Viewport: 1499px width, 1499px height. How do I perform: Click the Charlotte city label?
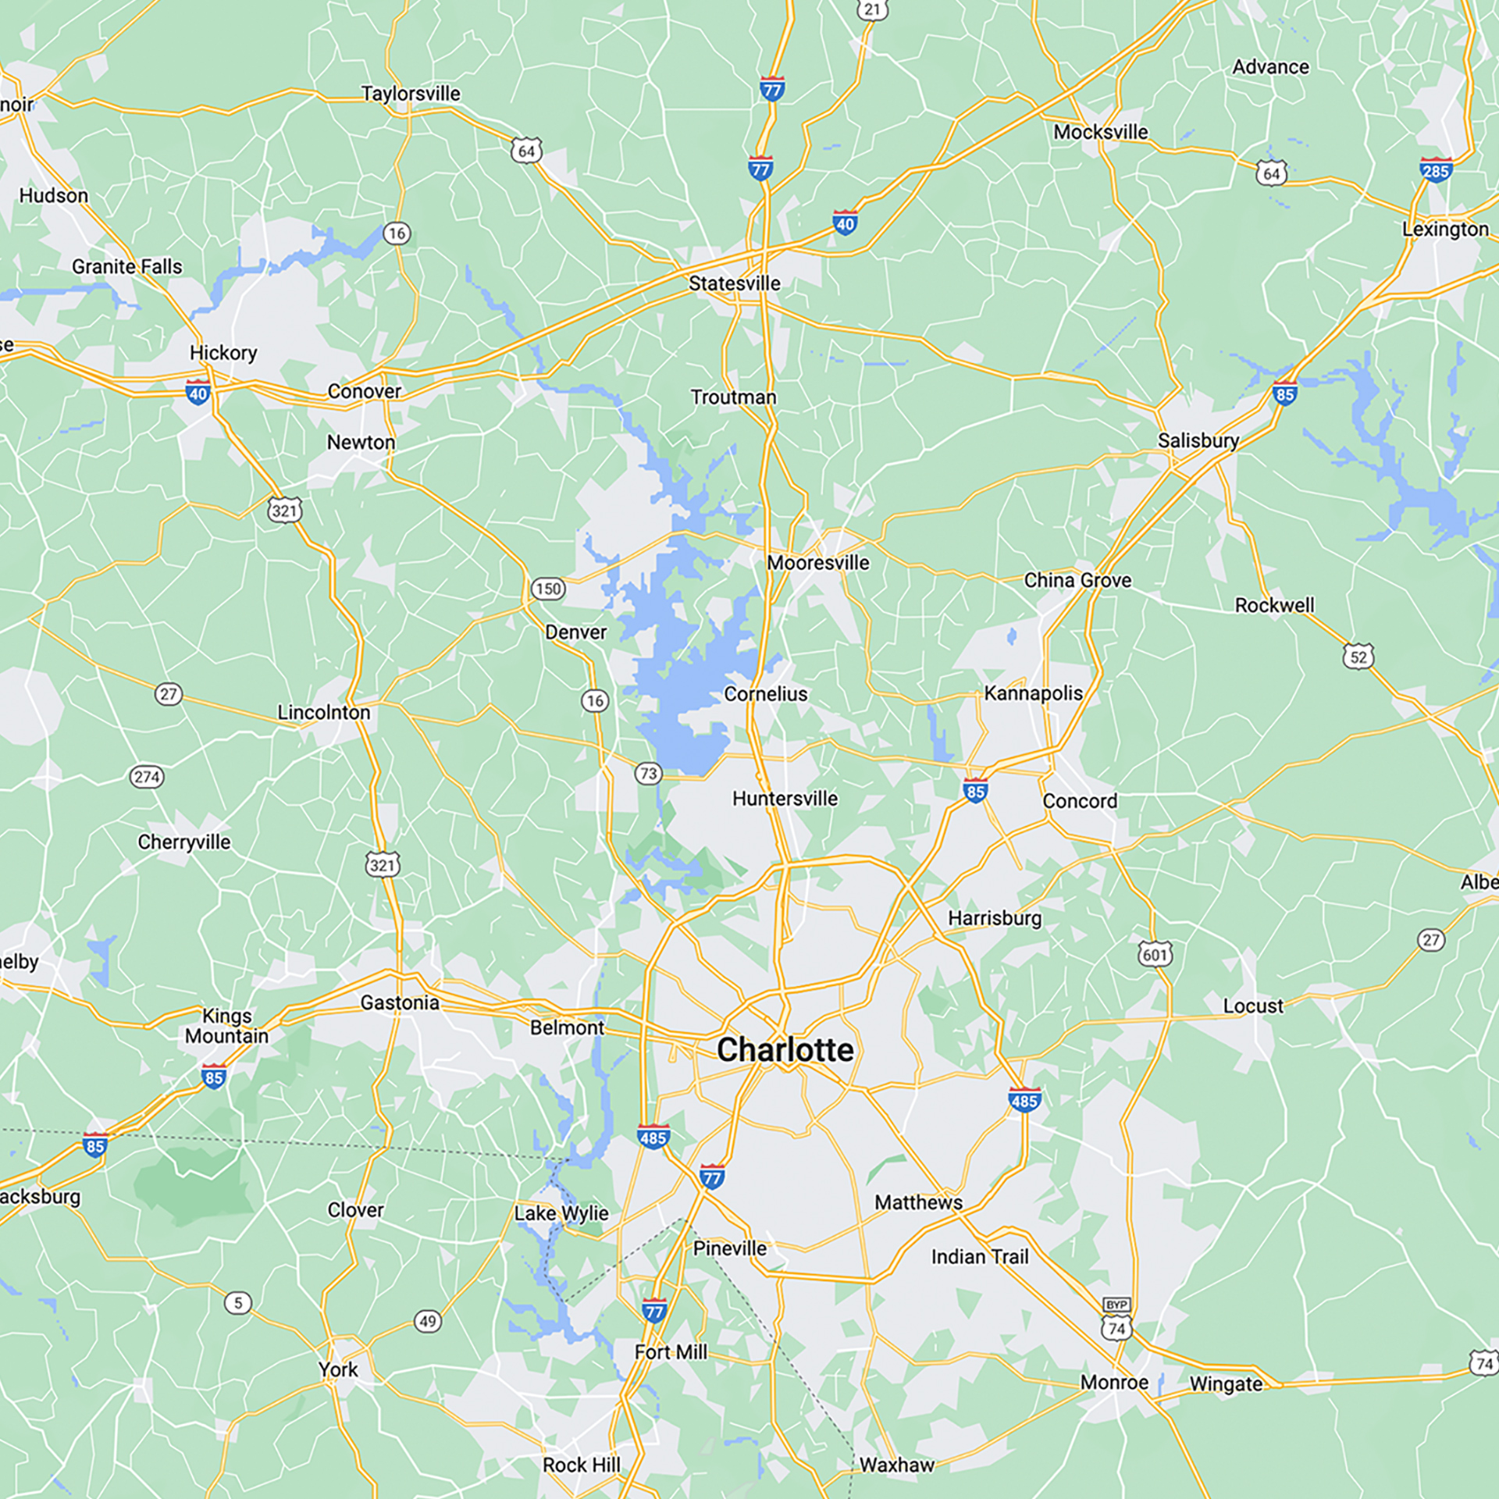click(x=785, y=1050)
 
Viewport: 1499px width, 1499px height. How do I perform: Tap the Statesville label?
click(x=734, y=283)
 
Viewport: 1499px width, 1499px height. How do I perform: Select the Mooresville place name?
click(x=817, y=563)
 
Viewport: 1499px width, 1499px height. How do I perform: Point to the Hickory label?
click(x=223, y=353)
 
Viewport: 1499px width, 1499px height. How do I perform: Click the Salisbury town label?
click(x=1198, y=441)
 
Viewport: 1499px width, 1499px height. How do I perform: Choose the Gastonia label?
click(x=400, y=1002)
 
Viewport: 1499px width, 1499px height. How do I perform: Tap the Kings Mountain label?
click(x=226, y=1026)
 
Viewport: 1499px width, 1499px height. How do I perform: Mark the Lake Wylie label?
click(x=561, y=1213)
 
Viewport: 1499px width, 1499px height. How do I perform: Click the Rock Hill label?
click(x=582, y=1465)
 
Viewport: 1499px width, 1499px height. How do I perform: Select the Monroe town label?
click(x=1114, y=1383)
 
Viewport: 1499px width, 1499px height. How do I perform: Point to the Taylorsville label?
click(x=411, y=94)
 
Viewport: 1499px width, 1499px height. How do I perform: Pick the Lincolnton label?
click(x=324, y=713)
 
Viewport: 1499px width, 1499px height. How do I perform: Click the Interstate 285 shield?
click(x=1435, y=170)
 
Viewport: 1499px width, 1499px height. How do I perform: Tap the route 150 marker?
click(x=548, y=589)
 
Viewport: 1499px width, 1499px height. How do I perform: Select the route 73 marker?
click(x=648, y=774)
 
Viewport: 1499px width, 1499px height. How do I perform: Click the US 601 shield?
click(x=1155, y=954)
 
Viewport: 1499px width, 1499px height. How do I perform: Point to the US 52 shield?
click(x=1358, y=657)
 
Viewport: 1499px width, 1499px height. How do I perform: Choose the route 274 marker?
click(x=146, y=777)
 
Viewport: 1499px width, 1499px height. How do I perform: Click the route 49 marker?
click(x=427, y=1322)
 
